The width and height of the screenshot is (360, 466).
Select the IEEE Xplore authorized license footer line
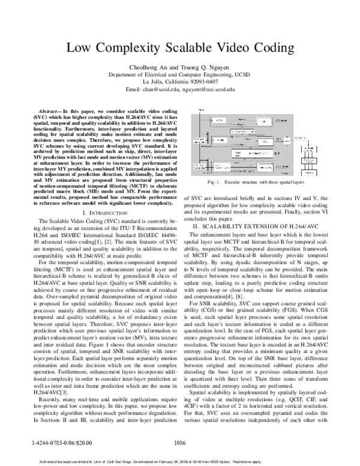point(180,461)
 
